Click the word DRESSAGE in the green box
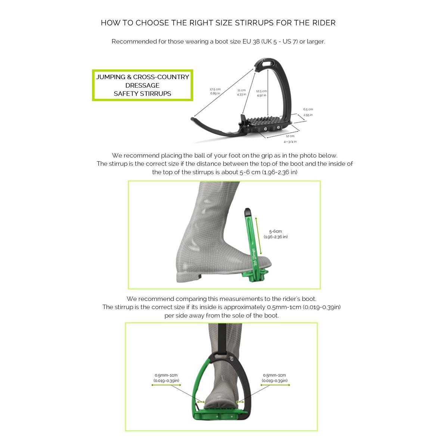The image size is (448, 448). pyautogui.click(x=142, y=85)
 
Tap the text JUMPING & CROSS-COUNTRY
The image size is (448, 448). pyautogui.click(x=142, y=77)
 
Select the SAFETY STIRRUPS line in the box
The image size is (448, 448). pyautogui.click(x=142, y=93)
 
